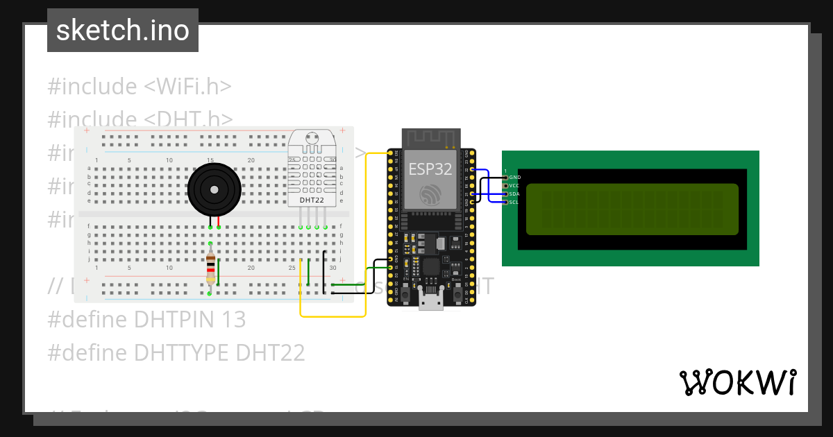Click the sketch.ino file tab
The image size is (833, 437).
point(123,31)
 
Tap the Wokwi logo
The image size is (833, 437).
point(737,382)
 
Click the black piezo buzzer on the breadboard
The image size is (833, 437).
point(214,189)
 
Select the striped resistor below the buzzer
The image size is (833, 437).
point(210,268)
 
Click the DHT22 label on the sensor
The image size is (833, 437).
point(312,200)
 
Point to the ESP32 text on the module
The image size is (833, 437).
point(430,169)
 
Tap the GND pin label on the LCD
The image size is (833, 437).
point(515,178)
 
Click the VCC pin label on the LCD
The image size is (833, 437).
point(514,186)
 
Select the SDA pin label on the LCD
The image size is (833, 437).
point(514,194)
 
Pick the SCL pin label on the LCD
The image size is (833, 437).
point(514,203)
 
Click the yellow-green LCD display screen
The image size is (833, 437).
point(632,209)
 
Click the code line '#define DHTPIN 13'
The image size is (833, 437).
point(146,320)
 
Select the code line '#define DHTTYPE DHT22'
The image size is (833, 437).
point(176,353)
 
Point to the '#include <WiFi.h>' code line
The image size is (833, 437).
point(140,87)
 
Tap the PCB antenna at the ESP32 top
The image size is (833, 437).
point(431,138)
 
